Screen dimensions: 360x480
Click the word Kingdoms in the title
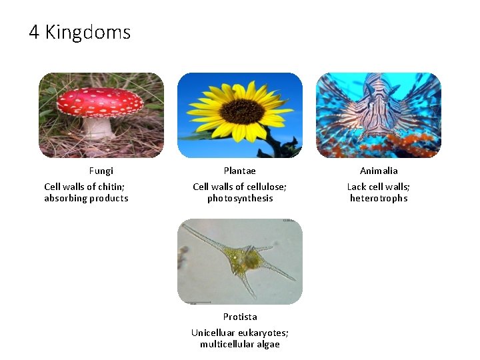point(88,32)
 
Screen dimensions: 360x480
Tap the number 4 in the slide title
point(34,32)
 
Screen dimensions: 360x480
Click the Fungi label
point(101,171)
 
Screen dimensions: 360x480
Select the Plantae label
point(239,171)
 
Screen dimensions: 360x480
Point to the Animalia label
point(379,171)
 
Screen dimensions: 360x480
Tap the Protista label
point(240,317)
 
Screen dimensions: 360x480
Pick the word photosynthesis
point(240,199)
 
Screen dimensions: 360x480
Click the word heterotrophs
point(379,199)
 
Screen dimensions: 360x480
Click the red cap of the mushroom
point(100,101)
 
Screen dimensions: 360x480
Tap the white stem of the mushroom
point(99,127)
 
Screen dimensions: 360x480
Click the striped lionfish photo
point(378,115)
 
